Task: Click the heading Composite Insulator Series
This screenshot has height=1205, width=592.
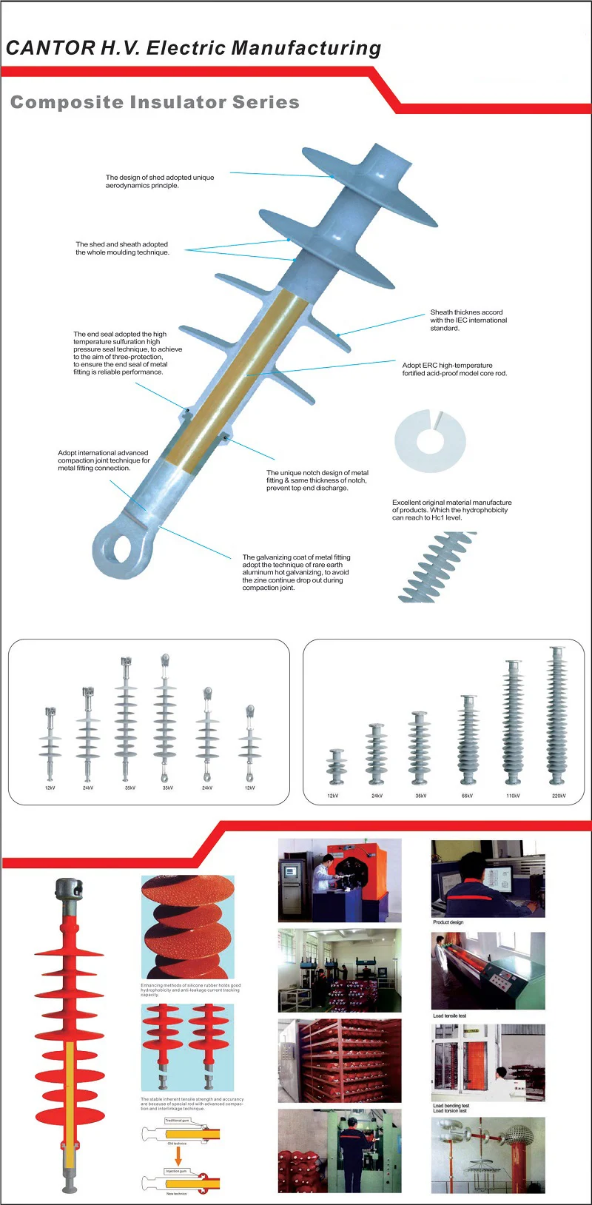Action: (x=155, y=102)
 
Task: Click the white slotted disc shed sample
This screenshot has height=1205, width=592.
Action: (x=430, y=441)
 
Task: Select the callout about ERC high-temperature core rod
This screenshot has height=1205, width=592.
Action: (x=454, y=369)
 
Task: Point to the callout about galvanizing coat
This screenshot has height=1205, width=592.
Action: (x=296, y=572)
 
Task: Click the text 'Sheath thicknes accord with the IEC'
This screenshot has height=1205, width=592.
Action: (x=468, y=320)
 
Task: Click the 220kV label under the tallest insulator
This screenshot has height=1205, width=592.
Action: (x=559, y=796)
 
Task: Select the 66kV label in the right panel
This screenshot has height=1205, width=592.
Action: (x=467, y=796)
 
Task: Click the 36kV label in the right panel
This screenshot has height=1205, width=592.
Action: (x=420, y=796)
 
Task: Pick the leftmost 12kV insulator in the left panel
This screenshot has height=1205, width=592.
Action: (x=50, y=744)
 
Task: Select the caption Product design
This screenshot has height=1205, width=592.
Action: (x=448, y=922)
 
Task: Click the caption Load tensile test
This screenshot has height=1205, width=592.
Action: (x=449, y=1016)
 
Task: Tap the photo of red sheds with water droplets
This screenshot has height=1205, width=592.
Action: (x=187, y=927)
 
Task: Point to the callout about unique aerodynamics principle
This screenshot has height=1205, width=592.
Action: (x=159, y=181)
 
